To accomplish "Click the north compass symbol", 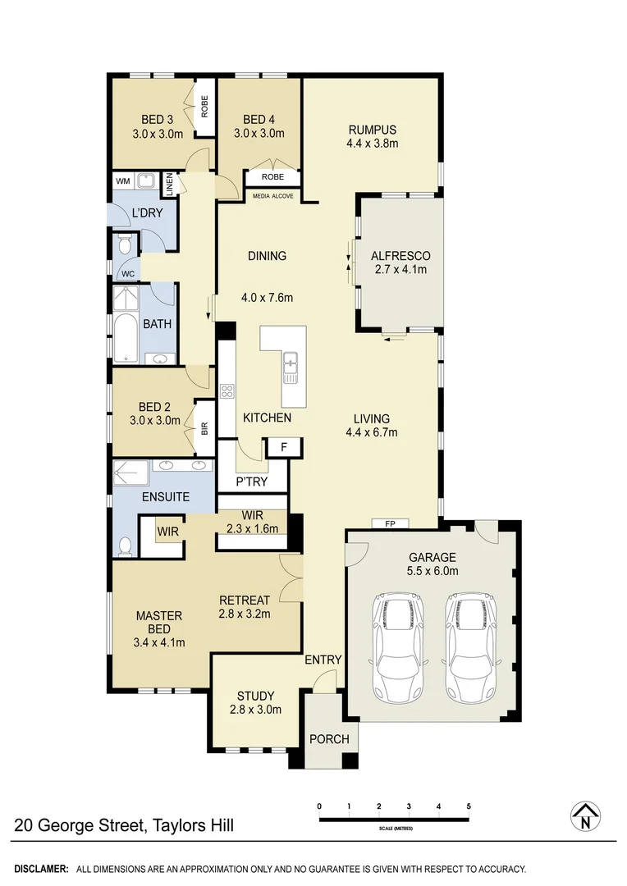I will pyautogui.click(x=585, y=815).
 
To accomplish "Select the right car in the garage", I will pyautogui.click(x=471, y=649).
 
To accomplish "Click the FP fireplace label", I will pyautogui.click(x=380, y=523).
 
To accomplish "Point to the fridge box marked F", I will pyautogui.click(x=283, y=447).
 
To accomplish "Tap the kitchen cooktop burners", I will pyautogui.click(x=227, y=391).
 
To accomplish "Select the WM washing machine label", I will pyautogui.click(x=122, y=180).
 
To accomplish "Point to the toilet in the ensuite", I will pyautogui.click(x=125, y=545).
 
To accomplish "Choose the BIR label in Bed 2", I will pyautogui.click(x=205, y=427).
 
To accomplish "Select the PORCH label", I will pyautogui.click(x=329, y=738).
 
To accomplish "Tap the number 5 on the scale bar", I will pyautogui.click(x=469, y=806).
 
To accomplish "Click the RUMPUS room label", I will pyautogui.click(x=372, y=130).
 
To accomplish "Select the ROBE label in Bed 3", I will pyautogui.click(x=204, y=107).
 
